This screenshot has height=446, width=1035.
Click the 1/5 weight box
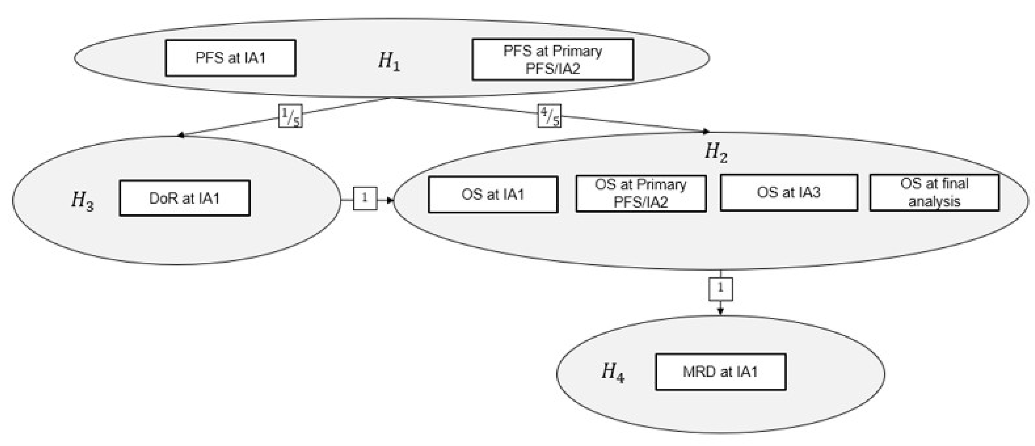click(290, 116)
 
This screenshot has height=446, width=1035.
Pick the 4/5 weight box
click(549, 116)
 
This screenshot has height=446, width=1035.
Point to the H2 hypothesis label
click(716, 153)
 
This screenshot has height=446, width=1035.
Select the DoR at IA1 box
click(185, 198)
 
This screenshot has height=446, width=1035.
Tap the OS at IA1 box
click(493, 194)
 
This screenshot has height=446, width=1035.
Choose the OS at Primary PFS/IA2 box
click(641, 193)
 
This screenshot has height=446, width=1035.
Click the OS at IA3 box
click(788, 193)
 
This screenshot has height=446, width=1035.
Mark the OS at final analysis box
click(934, 193)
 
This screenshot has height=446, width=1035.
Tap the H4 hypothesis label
click(612, 372)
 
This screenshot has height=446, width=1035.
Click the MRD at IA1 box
click(720, 372)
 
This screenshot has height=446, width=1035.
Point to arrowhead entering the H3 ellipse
click(181, 136)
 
